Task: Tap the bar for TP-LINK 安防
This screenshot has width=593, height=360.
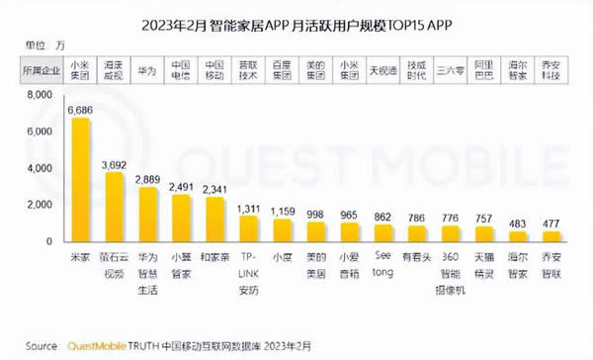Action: (x=249, y=229)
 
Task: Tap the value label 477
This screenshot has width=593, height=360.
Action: (x=552, y=224)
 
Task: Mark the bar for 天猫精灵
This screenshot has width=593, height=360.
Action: (x=485, y=234)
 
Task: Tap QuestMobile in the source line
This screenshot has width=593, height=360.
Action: (x=104, y=346)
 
